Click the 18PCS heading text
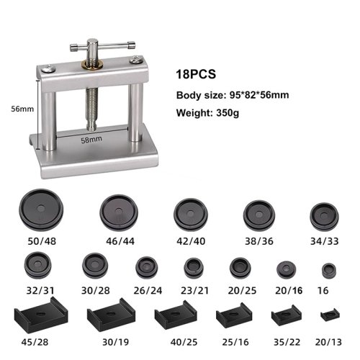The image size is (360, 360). point(196,74)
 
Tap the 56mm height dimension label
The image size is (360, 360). point(22,109)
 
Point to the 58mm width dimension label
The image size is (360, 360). point(91,140)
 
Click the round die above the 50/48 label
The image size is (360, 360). point(41,210)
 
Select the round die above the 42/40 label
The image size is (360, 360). point(191,215)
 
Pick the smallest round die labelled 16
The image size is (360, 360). point(329,271)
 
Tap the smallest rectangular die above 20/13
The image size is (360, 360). point(330,314)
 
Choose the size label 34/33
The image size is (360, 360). point(325,241)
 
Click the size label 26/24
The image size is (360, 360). point(148,291)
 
